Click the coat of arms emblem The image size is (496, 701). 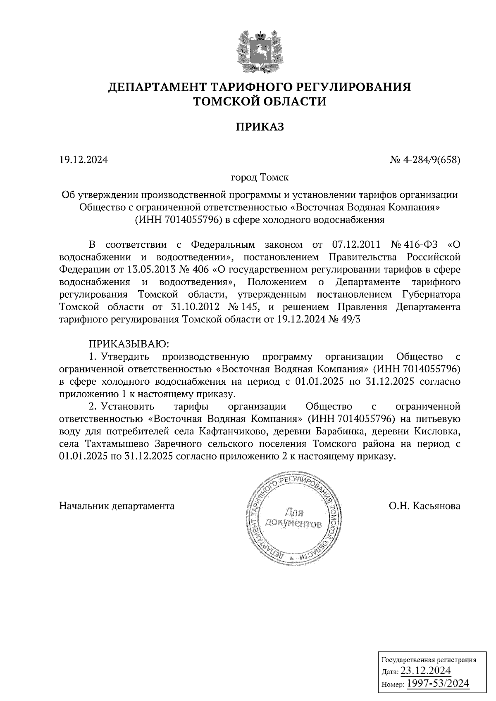click(x=260, y=51)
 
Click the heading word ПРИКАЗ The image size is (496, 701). click(x=260, y=127)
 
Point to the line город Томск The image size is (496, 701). click(x=260, y=178)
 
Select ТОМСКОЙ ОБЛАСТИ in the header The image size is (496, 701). click(x=260, y=101)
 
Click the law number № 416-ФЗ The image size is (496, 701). click(x=413, y=244)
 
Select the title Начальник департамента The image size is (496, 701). click(x=117, y=506)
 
